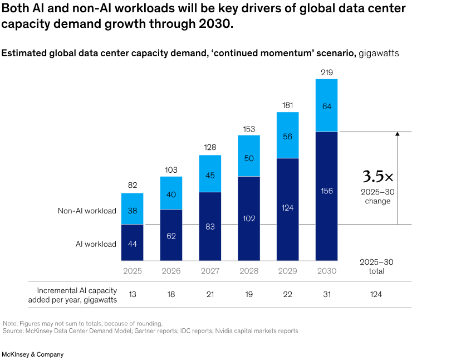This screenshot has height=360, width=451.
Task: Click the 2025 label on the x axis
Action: (132, 271)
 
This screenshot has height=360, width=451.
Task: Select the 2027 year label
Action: (210, 271)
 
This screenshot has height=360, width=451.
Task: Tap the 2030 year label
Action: (327, 271)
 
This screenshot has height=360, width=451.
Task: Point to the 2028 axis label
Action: (249, 271)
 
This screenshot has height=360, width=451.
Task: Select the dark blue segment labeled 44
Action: (132, 243)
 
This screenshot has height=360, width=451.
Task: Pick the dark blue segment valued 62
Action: (171, 235)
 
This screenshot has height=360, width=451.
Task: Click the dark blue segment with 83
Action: (210, 226)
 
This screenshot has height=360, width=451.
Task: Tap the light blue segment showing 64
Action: (327, 105)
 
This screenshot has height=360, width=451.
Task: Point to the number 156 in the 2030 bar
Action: (327, 191)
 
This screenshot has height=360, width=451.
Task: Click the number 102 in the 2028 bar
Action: (249, 218)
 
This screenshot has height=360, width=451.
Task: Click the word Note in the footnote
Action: (9, 323)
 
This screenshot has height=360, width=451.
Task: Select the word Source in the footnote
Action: (12, 331)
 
